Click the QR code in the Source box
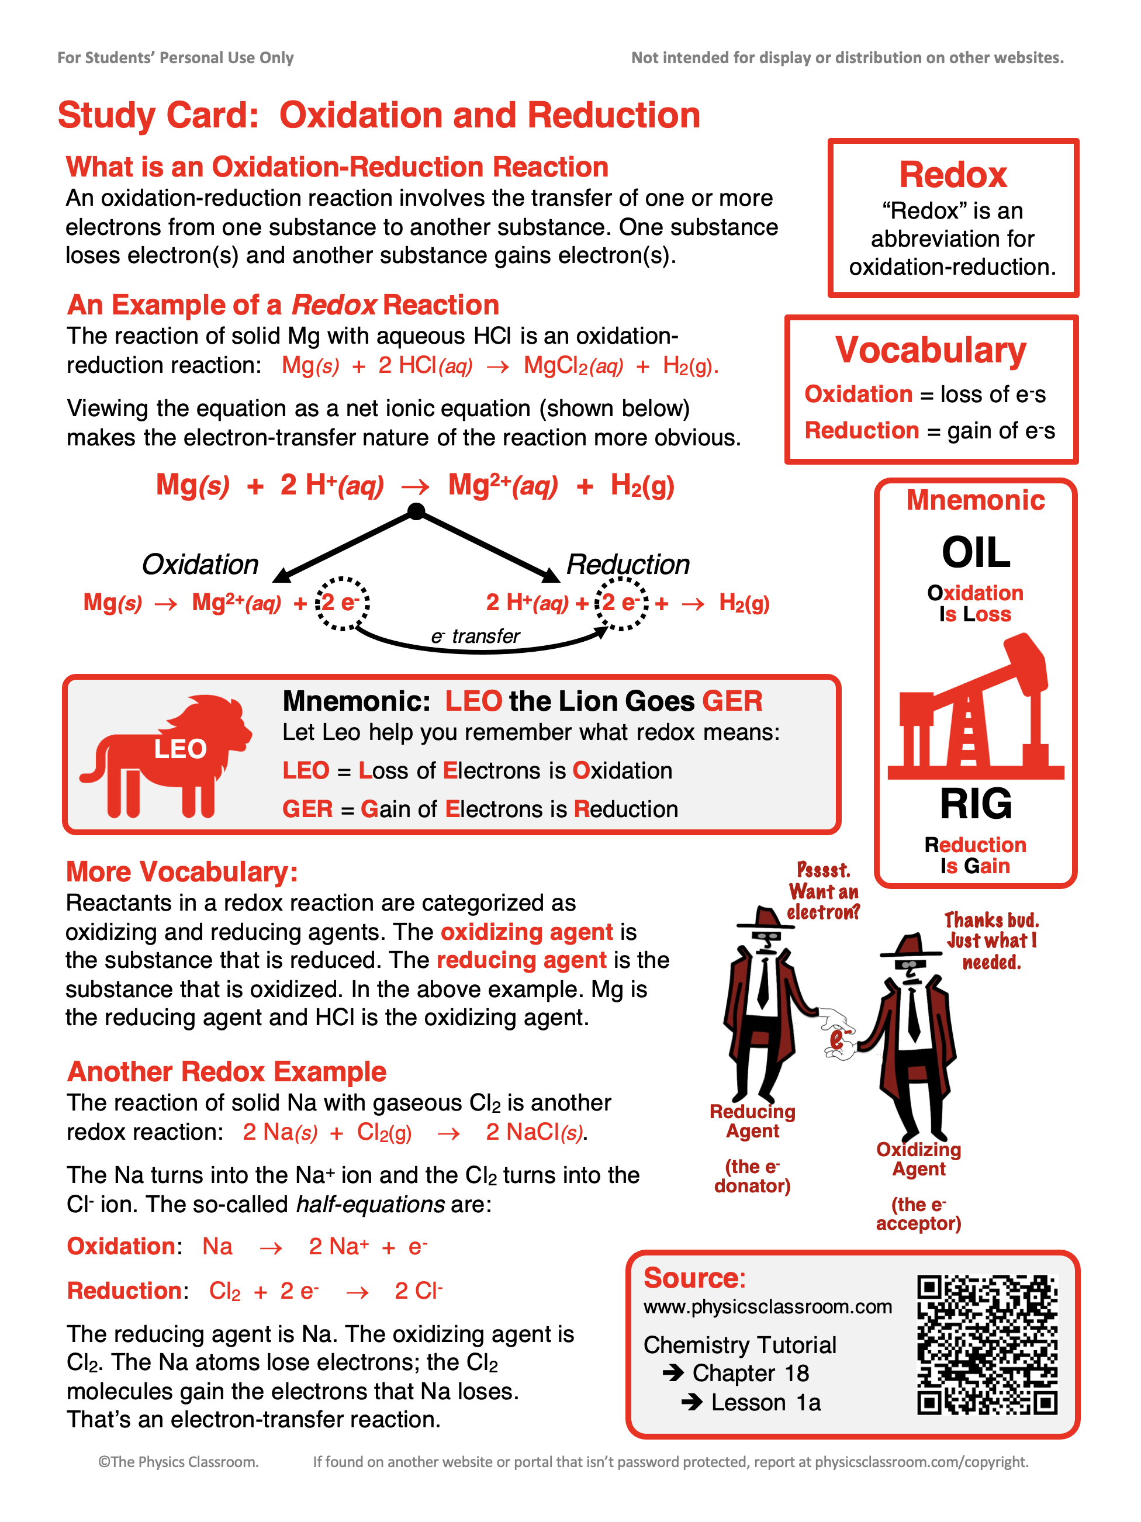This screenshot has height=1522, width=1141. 986,1344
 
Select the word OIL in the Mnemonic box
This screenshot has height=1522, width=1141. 975,552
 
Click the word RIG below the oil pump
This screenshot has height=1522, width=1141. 975,804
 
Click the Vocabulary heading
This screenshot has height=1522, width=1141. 931,350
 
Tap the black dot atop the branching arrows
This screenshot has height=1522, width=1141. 416,511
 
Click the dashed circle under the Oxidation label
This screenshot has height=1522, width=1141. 342,603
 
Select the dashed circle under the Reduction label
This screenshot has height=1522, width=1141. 621,603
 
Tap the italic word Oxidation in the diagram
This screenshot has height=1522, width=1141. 199,564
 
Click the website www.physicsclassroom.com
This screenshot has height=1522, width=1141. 767,1307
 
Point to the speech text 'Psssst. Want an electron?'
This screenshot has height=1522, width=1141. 823,891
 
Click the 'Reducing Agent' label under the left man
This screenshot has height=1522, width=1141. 752,1122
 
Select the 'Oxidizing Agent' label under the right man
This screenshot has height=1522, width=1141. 919,1160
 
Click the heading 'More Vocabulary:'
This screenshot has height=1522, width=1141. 182,872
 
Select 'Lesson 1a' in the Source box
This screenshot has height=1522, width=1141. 765,1402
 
